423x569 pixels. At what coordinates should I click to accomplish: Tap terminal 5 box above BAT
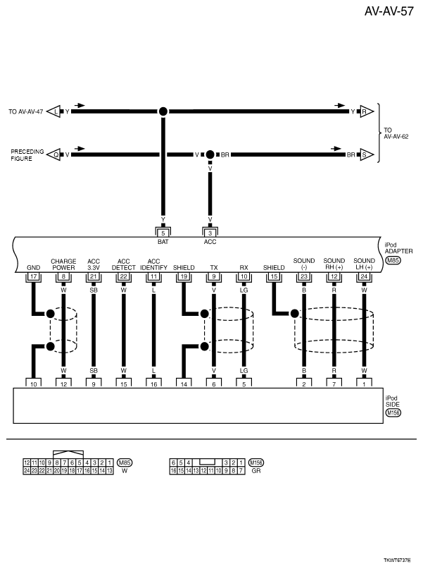pos(163,233)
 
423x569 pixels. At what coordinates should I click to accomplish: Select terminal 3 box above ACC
pos(210,233)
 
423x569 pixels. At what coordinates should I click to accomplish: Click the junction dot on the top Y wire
pos(163,111)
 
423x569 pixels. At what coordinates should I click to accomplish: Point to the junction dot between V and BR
pos(210,154)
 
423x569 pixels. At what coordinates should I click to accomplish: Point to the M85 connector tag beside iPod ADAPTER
pos(393,261)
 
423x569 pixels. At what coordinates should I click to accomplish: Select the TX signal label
pos(213,268)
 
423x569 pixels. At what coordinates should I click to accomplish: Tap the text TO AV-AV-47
pos(26,111)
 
